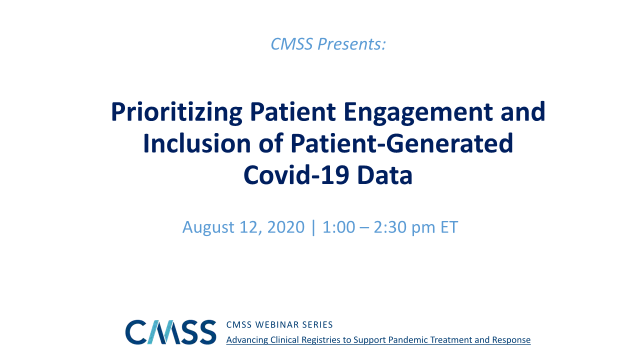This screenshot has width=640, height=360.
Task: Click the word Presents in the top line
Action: [x=351, y=44]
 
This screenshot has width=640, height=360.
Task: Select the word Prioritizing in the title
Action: [x=176, y=113]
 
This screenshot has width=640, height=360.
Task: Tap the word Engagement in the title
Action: [x=418, y=113]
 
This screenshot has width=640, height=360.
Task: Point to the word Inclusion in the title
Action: [x=197, y=143]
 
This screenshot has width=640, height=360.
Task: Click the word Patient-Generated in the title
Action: [x=401, y=143]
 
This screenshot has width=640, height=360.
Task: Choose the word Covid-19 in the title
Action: [x=296, y=175]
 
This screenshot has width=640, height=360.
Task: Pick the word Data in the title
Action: [x=385, y=175]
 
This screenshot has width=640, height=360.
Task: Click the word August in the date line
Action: [x=208, y=227]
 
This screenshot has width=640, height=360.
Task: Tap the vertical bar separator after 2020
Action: [x=313, y=227]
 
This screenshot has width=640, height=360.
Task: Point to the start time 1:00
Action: [x=339, y=227]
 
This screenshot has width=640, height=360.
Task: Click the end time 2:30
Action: [x=390, y=227]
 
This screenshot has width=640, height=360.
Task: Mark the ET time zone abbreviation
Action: [x=449, y=227]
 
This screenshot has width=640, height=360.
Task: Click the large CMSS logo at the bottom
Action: [x=170, y=332]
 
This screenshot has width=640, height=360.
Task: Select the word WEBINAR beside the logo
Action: [x=276, y=325]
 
